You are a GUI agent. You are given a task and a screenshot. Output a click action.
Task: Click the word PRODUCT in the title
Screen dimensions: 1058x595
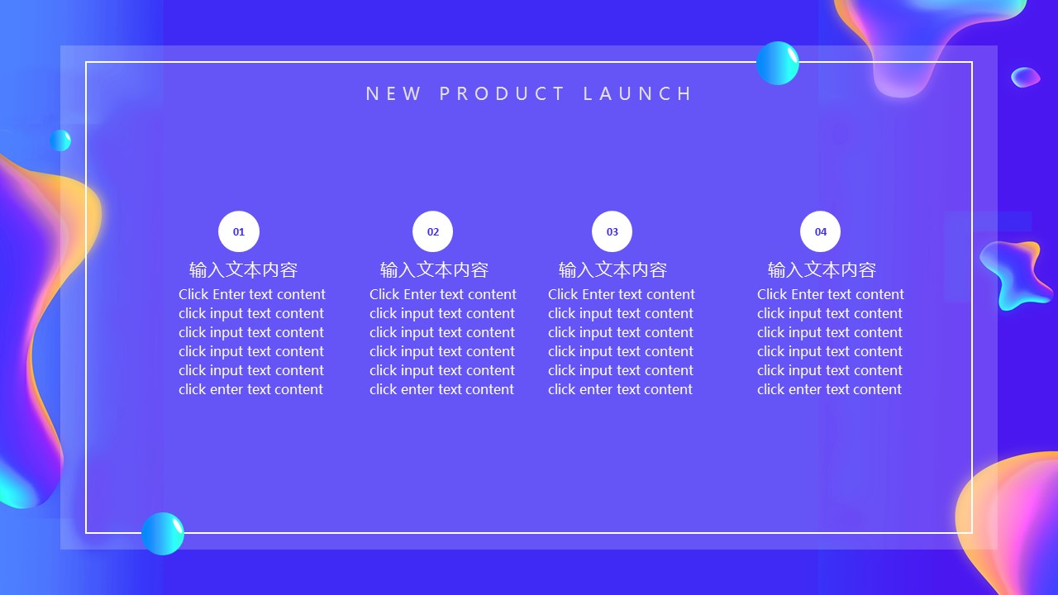502,93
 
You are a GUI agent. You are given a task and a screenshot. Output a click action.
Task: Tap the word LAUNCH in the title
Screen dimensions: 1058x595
637,93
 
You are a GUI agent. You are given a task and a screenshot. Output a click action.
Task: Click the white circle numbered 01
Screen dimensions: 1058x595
239,231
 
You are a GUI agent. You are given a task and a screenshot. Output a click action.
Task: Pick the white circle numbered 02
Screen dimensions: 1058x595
432,231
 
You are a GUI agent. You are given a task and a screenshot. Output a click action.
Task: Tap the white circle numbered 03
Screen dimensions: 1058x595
612,231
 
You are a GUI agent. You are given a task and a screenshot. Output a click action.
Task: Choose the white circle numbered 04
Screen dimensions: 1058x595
821,231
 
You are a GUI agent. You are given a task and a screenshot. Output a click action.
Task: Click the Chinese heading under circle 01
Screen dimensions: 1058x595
243,270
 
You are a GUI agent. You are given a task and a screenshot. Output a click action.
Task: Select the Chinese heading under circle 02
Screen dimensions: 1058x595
434,270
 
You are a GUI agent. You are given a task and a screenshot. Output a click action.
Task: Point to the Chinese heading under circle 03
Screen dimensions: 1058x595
612,270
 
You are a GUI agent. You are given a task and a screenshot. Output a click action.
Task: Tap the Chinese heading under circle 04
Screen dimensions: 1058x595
822,270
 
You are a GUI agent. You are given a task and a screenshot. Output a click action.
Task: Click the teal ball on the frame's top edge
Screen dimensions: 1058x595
778,64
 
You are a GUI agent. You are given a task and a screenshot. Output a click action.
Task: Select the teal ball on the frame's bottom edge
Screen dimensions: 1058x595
163,534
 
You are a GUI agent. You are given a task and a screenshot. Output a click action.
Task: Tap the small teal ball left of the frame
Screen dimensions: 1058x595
60,140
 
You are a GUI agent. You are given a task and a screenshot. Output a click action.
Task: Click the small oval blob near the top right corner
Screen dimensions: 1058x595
1026,78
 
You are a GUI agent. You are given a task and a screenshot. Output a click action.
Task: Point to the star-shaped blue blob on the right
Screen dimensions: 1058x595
1016,274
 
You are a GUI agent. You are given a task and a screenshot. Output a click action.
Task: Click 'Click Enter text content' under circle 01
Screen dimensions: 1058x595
252,294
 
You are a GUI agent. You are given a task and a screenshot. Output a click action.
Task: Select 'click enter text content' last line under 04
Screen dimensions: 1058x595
829,389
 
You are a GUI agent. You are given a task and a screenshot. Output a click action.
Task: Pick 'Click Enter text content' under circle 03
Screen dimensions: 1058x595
621,294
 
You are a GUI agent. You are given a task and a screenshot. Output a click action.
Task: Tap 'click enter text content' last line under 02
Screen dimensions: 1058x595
441,389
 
